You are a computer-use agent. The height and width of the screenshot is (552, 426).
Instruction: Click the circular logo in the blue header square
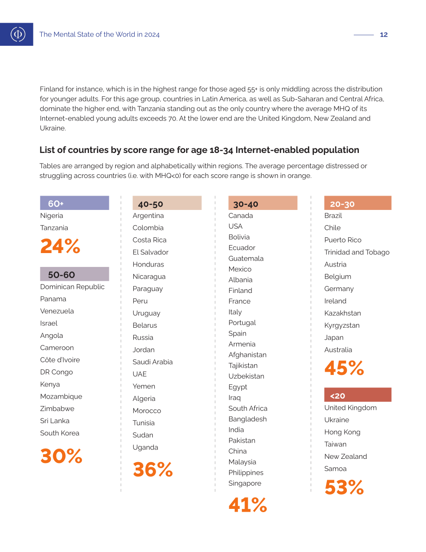[18, 34]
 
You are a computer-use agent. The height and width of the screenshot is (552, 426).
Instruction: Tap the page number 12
[384, 34]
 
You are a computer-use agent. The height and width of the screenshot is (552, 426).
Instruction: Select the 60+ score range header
[75, 203]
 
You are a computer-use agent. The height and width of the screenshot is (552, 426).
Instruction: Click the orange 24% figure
[60, 246]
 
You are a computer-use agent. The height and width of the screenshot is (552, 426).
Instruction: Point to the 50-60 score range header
[75, 274]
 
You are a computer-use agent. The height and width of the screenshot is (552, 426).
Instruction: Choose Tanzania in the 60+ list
[54, 228]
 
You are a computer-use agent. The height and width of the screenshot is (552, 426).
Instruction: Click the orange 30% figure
[61, 456]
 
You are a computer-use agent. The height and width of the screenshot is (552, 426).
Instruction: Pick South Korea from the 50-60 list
[60, 433]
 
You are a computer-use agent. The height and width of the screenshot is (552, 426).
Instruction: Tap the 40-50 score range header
[167, 203]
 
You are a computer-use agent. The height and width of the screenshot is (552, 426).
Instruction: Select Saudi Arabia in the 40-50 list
[153, 362]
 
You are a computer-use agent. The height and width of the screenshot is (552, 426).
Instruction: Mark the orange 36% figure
[153, 470]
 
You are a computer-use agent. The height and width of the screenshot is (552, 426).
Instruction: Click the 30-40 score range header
[263, 203]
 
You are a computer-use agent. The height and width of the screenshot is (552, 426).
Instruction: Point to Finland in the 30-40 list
[240, 291]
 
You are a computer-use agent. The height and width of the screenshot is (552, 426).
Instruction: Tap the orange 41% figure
[248, 505]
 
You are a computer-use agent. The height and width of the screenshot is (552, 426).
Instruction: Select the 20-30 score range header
[358, 203]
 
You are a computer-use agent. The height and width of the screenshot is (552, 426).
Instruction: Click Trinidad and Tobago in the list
[357, 252]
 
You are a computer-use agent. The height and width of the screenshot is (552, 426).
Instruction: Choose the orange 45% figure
[345, 368]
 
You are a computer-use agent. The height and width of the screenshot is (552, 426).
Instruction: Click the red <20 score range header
[358, 394]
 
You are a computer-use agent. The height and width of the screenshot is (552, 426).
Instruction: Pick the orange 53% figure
[345, 487]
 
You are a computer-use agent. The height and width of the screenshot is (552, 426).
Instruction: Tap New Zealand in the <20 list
[346, 457]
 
